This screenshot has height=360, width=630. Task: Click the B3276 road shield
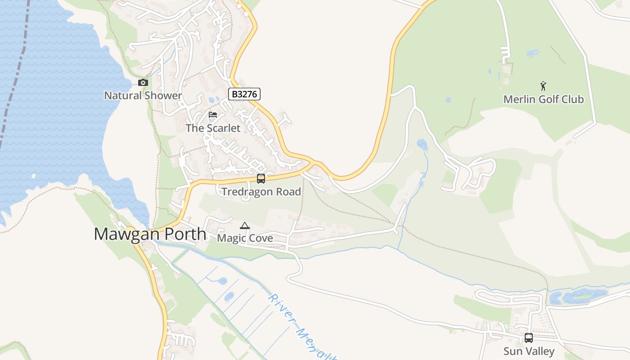click(x=244, y=94)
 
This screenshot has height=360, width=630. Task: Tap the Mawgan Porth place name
click(x=150, y=234)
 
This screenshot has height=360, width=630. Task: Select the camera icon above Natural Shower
click(x=143, y=82)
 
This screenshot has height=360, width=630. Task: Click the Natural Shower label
click(x=143, y=95)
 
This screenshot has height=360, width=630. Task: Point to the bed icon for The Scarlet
click(x=213, y=115)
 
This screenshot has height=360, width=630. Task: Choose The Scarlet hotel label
click(x=213, y=128)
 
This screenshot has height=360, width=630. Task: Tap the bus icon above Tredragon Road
click(x=261, y=179)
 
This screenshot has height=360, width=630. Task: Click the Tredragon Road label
click(x=261, y=192)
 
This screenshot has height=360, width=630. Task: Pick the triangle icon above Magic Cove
click(x=245, y=225)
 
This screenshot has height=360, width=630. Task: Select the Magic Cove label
click(x=245, y=238)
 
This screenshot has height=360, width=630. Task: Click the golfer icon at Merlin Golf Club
click(x=543, y=85)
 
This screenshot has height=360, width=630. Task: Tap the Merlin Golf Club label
click(x=543, y=99)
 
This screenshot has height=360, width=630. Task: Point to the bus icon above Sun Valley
click(x=529, y=337)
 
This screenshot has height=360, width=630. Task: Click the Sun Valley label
click(x=529, y=351)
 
